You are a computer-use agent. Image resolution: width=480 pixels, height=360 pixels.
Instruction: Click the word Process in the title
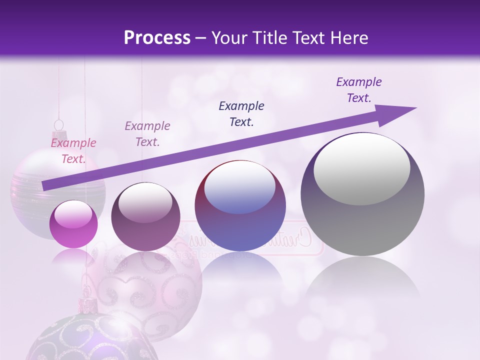tap(157, 38)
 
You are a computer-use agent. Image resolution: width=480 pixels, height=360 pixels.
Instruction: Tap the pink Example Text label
tap(73, 151)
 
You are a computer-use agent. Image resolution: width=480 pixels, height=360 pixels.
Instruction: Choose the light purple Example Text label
tap(147, 134)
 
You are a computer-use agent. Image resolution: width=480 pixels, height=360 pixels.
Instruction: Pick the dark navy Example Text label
tap(241, 114)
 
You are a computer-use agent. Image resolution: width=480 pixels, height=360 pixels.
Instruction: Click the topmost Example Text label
tap(358, 90)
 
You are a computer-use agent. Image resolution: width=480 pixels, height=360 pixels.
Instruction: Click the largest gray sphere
tap(362, 220)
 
